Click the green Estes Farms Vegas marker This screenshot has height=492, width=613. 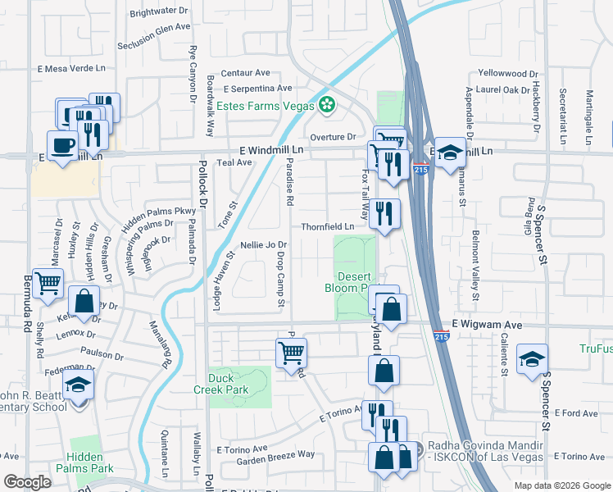(327, 105)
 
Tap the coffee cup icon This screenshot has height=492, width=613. (63, 145)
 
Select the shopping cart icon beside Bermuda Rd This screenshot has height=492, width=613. (48, 284)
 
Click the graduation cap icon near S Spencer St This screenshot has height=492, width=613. (532, 358)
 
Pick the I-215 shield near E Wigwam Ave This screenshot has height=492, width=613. (441, 338)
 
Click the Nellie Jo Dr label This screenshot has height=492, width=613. (263, 244)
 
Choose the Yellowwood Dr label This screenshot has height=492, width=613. (506, 73)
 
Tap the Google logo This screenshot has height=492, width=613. (27, 482)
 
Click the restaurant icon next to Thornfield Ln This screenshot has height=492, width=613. (384, 214)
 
